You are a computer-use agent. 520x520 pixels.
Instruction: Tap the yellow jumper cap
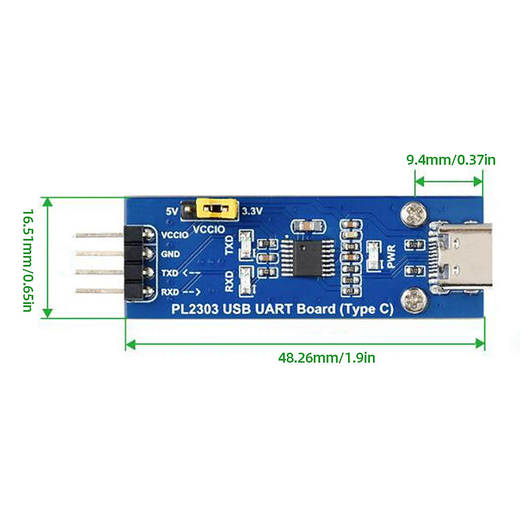[x=214, y=210]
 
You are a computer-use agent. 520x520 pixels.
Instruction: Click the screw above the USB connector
[x=415, y=214]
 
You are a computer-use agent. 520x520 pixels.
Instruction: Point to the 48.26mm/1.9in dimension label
[x=326, y=358]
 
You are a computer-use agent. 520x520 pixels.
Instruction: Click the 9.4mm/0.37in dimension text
[x=450, y=160]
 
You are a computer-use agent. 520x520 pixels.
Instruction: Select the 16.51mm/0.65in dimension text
[x=28, y=260]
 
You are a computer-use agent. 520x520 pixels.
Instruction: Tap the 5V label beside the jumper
[x=171, y=211]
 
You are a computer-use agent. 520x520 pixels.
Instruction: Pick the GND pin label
[x=170, y=254]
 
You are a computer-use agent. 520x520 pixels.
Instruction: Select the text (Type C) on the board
[x=366, y=310]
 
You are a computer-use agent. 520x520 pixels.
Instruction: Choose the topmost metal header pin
[x=99, y=235]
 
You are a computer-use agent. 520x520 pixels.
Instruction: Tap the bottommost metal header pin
[x=99, y=291]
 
